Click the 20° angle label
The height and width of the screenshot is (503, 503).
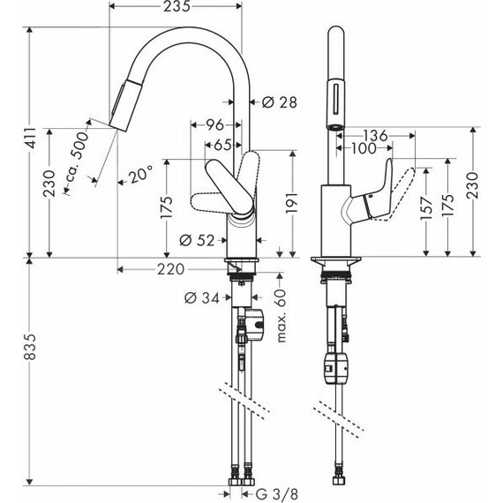[139, 175]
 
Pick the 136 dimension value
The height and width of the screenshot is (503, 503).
[375, 136]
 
